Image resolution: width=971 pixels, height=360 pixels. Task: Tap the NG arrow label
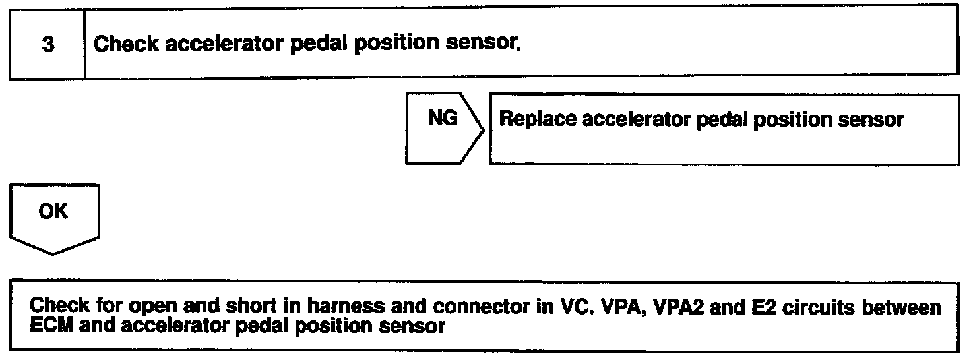(443, 119)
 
